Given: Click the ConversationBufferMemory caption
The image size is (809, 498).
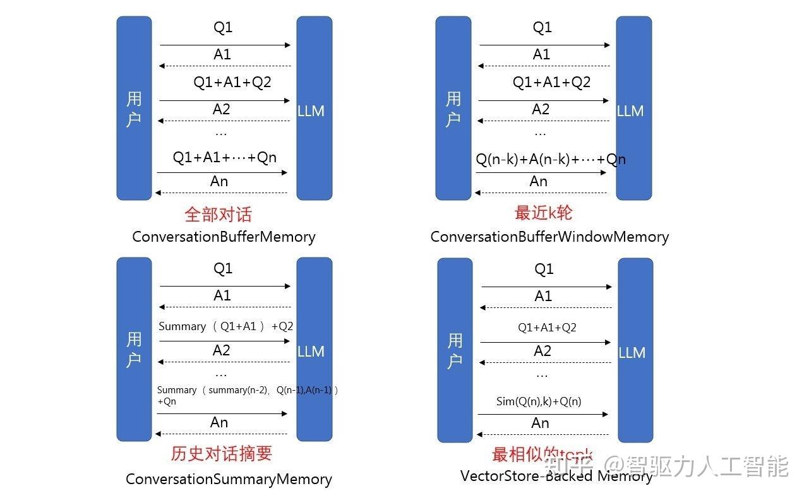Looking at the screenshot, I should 224,237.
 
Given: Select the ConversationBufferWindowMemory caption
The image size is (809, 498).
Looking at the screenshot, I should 549,237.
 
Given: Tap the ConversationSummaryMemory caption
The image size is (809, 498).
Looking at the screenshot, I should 229,479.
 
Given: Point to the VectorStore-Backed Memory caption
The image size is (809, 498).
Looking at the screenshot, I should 556,476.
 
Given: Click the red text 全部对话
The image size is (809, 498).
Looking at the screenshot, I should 218,215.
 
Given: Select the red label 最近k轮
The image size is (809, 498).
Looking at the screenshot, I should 543,213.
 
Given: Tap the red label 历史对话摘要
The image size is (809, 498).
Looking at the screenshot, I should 221,454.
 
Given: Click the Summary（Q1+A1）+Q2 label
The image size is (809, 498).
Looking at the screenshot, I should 225,326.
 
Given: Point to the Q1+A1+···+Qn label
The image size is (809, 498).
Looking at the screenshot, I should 225,157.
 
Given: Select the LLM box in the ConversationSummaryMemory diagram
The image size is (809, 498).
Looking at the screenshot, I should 314,349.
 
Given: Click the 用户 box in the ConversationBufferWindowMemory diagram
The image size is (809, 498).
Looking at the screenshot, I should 453,109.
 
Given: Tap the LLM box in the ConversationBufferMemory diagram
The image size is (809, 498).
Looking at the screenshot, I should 314,109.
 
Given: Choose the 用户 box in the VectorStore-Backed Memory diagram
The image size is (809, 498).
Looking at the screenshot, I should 455,350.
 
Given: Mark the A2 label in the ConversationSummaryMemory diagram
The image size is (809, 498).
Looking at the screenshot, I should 221,350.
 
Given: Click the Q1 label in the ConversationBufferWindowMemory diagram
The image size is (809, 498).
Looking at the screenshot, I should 542,27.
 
